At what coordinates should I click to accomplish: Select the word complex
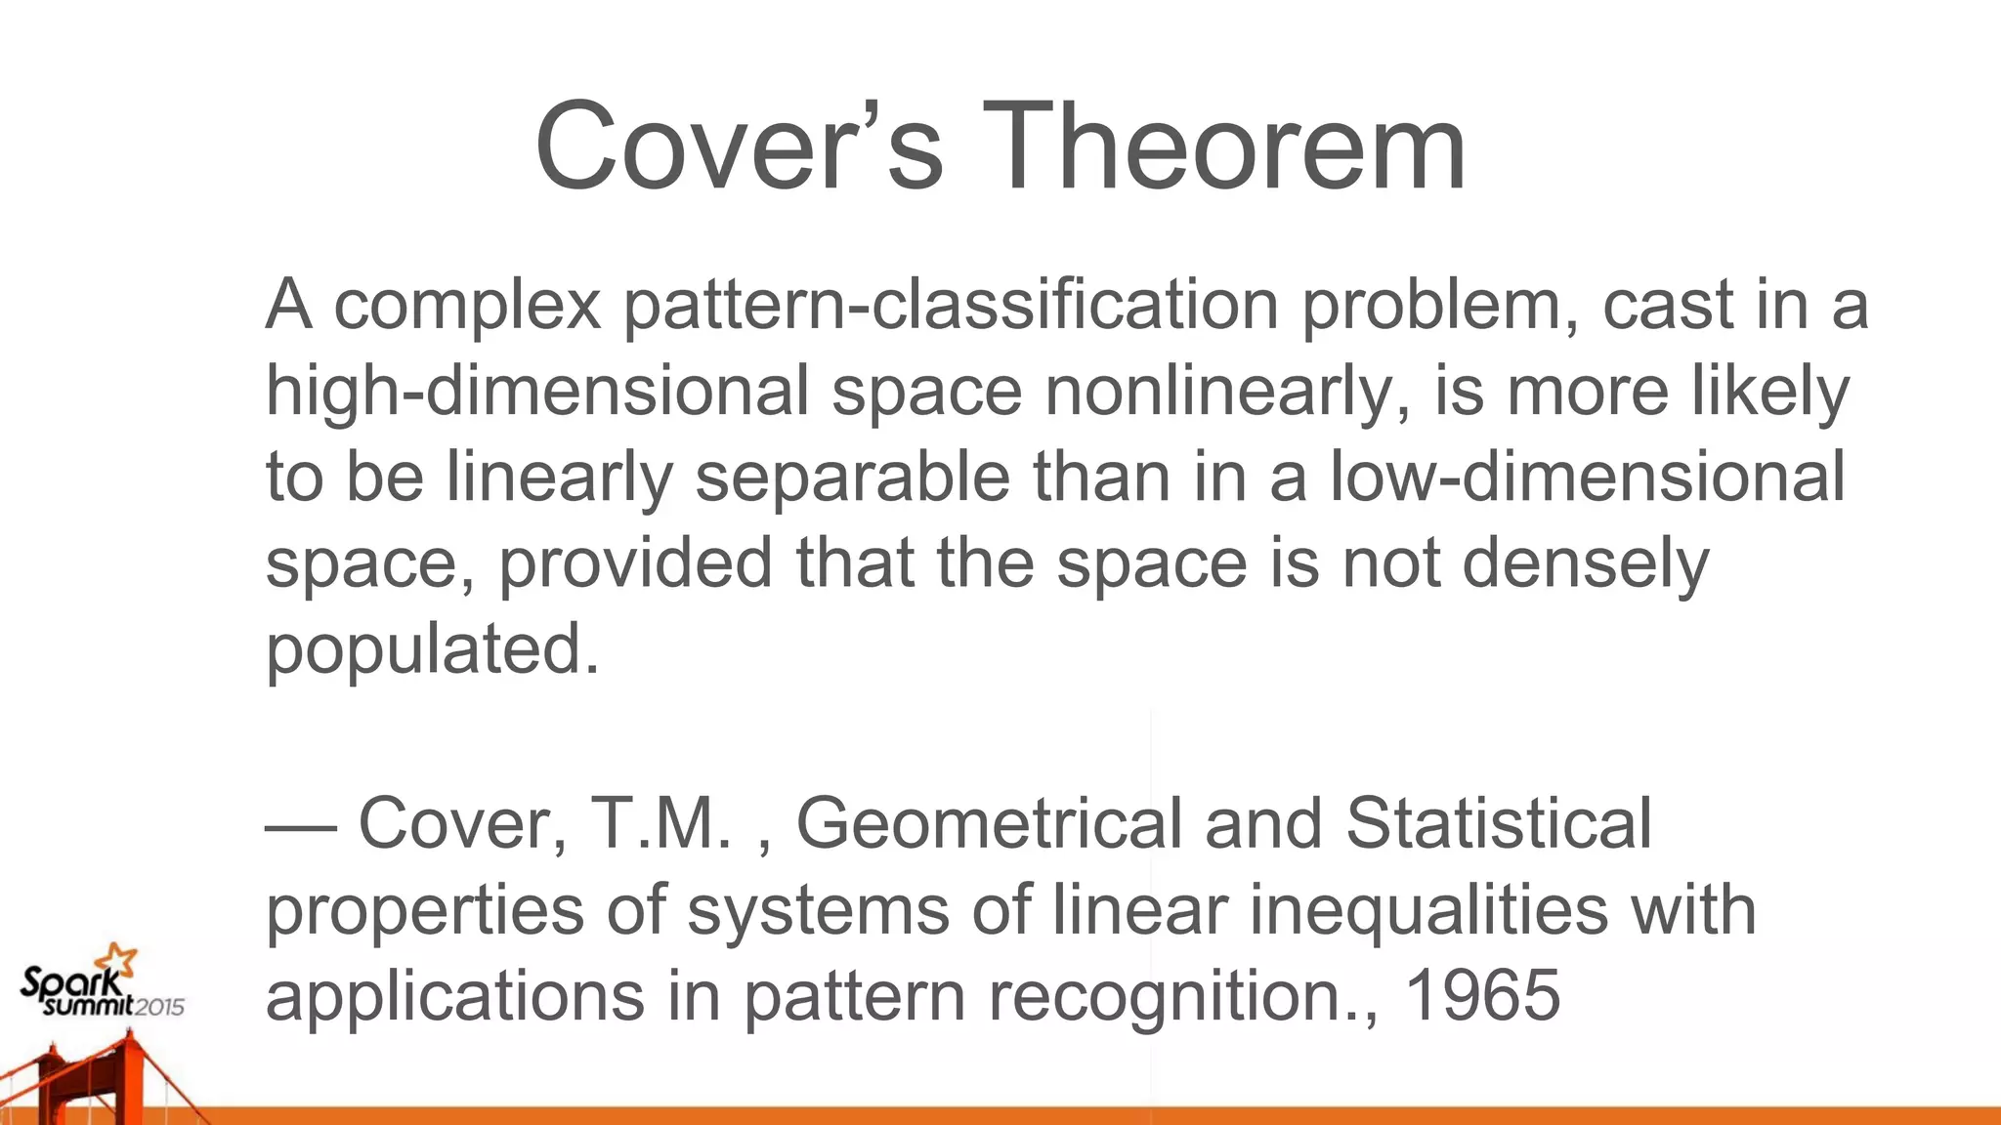point(467,305)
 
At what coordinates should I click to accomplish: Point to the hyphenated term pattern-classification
point(951,305)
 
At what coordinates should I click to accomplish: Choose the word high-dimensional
point(537,391)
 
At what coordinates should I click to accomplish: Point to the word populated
point(431,649)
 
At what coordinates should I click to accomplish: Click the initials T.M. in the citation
point(660,823)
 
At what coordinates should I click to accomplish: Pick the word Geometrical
point(989,823)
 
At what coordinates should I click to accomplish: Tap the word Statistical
point(1498,823)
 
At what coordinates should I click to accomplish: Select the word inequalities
point(1427,909)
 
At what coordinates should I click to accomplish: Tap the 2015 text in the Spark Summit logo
point(158,1007)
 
